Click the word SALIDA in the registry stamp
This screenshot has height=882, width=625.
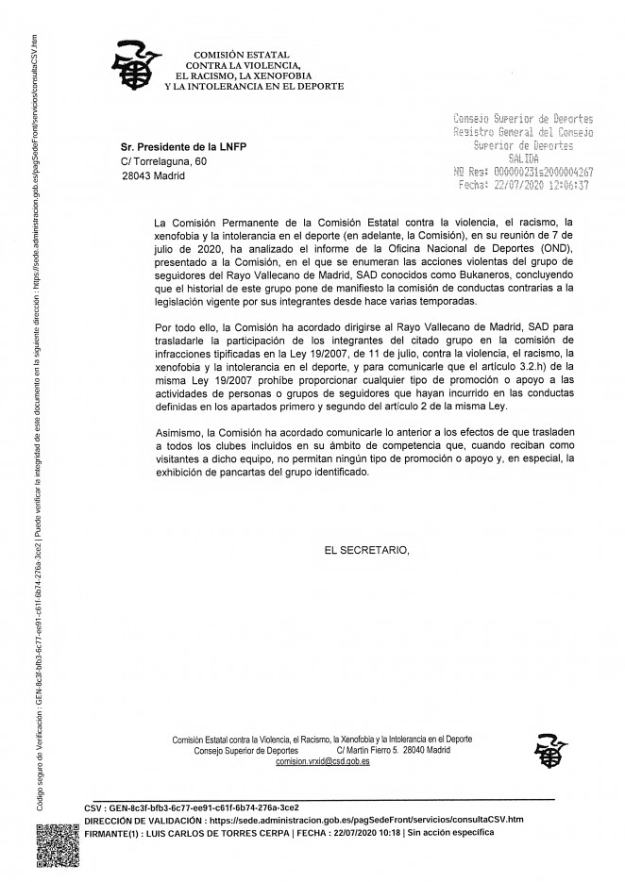tap(523, 159)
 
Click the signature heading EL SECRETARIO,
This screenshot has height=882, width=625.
tap(366, 550)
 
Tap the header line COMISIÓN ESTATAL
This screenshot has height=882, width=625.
tap(241, 55)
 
